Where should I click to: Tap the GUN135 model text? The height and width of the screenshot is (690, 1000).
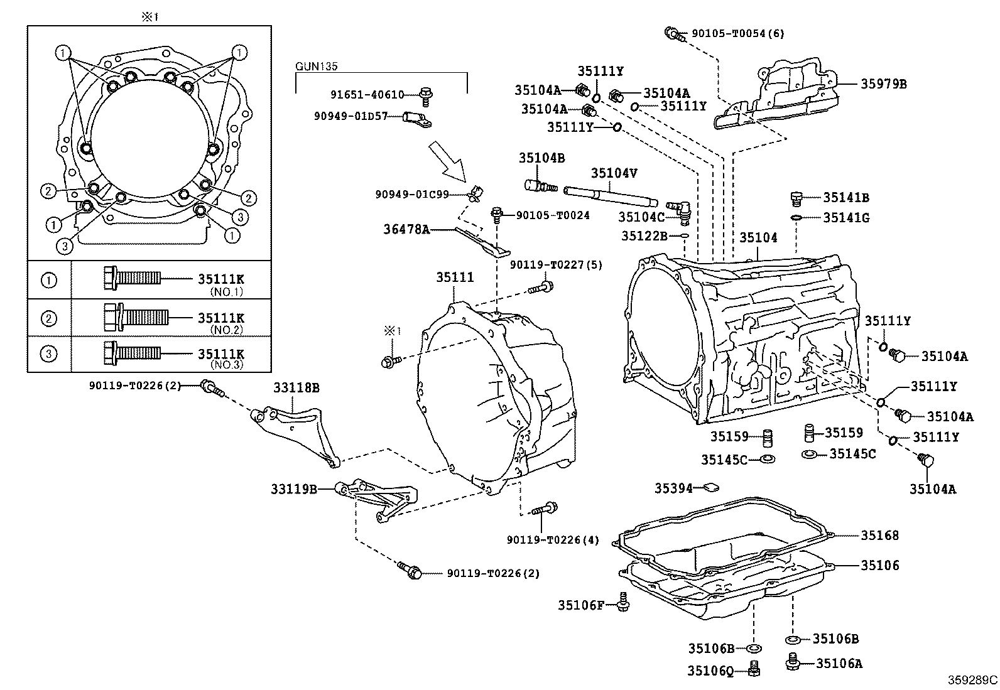coord(317,66)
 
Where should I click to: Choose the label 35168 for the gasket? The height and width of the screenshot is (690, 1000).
coord(879,536)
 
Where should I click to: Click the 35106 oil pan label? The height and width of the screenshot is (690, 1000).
coord(879,565)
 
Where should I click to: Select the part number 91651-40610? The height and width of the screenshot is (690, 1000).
coord(367,95)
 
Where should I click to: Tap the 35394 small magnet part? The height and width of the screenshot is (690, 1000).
coord(712,487)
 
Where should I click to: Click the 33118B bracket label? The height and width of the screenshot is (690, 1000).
coord(296,388)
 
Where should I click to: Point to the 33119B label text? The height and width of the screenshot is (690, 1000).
coord(294,488)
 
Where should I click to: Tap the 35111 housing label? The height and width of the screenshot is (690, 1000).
coord(455,277)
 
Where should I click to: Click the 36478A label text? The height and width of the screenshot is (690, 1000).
coord(406,230)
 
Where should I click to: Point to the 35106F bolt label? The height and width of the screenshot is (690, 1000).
coord(581,605)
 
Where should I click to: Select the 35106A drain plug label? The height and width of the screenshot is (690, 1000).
coord(839,663)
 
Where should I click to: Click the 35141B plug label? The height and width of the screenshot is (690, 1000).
coord(846,198)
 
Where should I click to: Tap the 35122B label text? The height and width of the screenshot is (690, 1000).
coord(644,236)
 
